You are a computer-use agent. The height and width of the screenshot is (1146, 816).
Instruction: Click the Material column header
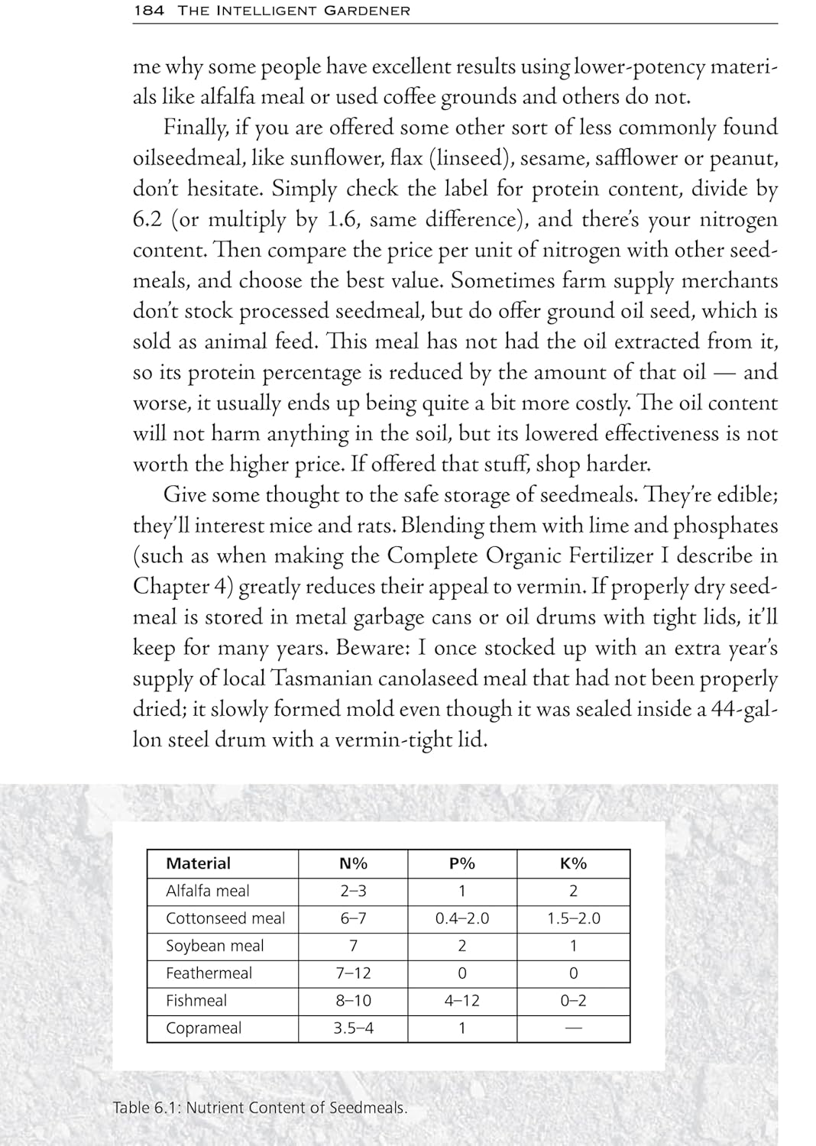(x=198, y=863)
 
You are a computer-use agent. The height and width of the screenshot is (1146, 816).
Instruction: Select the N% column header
(x=353, y=863)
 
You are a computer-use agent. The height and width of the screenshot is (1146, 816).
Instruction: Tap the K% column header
(x=573, y=863)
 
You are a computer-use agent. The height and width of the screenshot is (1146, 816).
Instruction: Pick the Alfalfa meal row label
(x=208, y=891)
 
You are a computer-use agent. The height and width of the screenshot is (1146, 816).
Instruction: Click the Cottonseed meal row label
(x=225, y=918)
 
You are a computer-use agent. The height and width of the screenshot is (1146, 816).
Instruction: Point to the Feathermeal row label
(x=209, y=973)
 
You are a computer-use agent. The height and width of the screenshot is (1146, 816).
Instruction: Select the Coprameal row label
(x=203, y=1028)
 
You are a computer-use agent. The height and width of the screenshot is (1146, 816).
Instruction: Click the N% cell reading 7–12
(x=353, y=973)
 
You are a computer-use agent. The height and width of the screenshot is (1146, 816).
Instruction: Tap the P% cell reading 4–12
(x=461, y=1001)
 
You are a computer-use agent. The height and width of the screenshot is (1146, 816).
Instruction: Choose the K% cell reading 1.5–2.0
(x=573, y=918)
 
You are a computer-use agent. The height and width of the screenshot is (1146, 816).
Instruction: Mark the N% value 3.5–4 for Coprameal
(x=353, y=1028)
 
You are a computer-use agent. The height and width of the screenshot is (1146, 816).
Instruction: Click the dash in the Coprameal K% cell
(x=573, y=1028)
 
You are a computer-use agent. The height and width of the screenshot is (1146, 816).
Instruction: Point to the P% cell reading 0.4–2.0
(x=461, y=918)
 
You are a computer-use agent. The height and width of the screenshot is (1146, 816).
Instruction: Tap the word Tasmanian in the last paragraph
(x=319, y=678)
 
